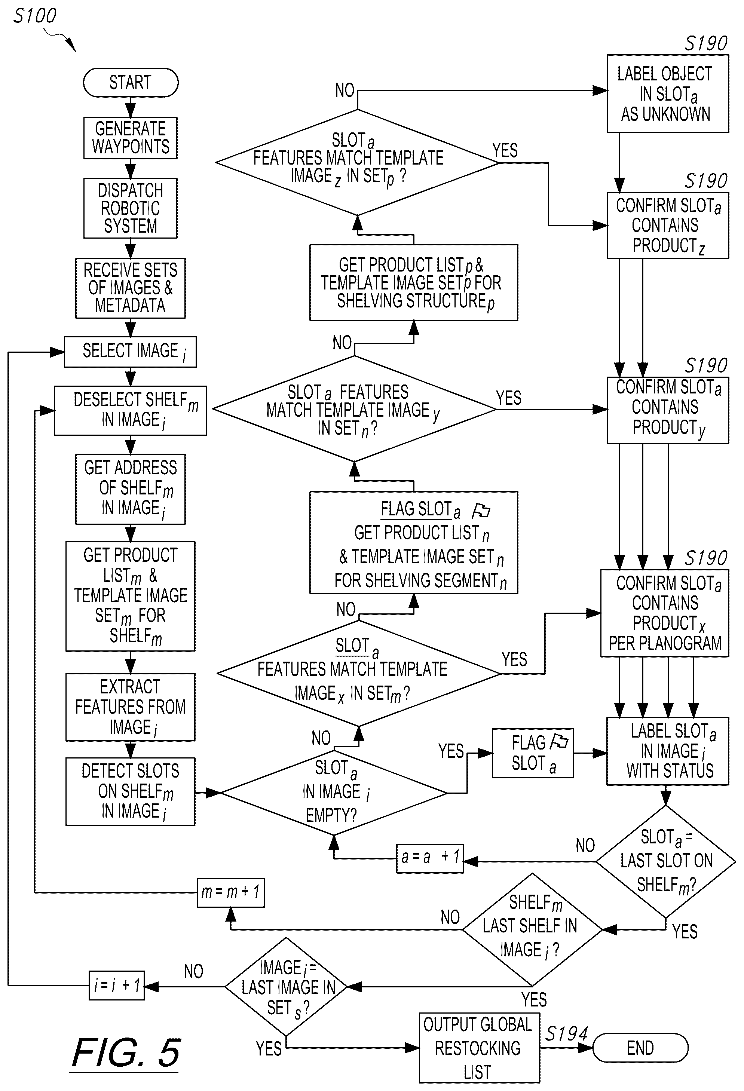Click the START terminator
pyautogui.click(x=131, y=83)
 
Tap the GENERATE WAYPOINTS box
pyautogui.click(x=131, y=138)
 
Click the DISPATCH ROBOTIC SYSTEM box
pyautogui.click(x=131, y=208)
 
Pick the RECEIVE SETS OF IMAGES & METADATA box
pyautogui.click(x=131, y=288)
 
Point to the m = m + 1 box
pyautogui.click(x=230, y=892)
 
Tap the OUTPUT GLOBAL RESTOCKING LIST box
pyautogui.click(x=479, y=1048)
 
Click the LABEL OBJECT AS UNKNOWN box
pyautogui.click(x=667, y=94)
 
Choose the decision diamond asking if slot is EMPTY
pyautogui.click(x=334, y=793)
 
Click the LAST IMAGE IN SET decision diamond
pyautogui.click(x=286, y=986)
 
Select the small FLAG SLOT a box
pyautogui.click(x=533, y=753)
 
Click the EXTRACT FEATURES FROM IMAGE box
pyautogui.click(x=131, y=707)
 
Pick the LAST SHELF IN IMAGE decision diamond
pyautogui.click(x=532, y=929)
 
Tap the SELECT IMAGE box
pyautogui.click(x=131, y=352)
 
